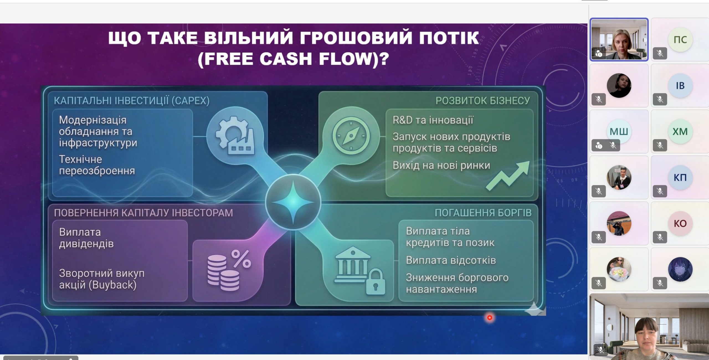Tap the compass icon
(x=351, y=136)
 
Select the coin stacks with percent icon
(x=229, y=270)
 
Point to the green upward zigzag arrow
(x=508, y=176)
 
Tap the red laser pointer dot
(x=490, y=318)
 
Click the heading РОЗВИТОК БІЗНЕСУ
(x=483, y=101)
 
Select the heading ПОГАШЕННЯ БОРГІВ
(x=483, y=213)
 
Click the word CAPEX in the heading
(x=191, y=101)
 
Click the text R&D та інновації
(x=433, y=120)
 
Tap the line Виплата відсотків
(x=451, y=260)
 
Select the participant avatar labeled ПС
(x=680, y=40)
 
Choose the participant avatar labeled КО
(x=680, y=223)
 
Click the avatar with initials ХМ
(x=680, y=132)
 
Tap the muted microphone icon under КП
(x=660, y=191)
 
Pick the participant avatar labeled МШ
(x=619, y=132)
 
